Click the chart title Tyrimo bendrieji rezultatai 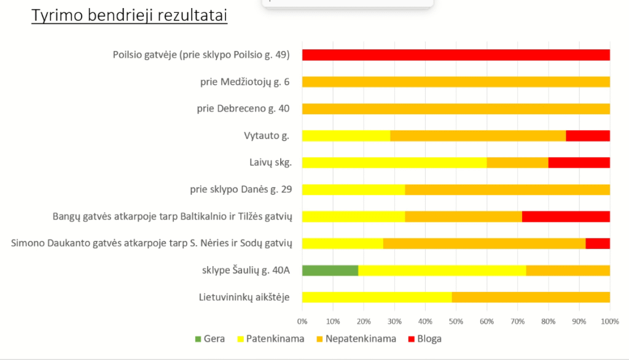[x=130, y=16]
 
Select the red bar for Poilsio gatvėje [x=456, y=55]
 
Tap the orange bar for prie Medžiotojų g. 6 [x=456, y=82]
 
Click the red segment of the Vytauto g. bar [x=588, y=136]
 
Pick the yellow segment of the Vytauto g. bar [x=346, y=136]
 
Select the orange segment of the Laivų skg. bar [x=517, y=163]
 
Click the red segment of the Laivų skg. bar [x=579, y=163]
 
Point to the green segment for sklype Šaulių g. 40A [x=330, y=270]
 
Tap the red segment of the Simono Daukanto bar [x=598, y=243]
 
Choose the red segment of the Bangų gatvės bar [x=566, y=216]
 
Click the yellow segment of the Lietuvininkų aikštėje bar [x=377, y=297]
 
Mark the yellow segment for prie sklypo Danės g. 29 [x=353, y=189]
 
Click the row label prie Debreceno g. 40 [x=243, y=109]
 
